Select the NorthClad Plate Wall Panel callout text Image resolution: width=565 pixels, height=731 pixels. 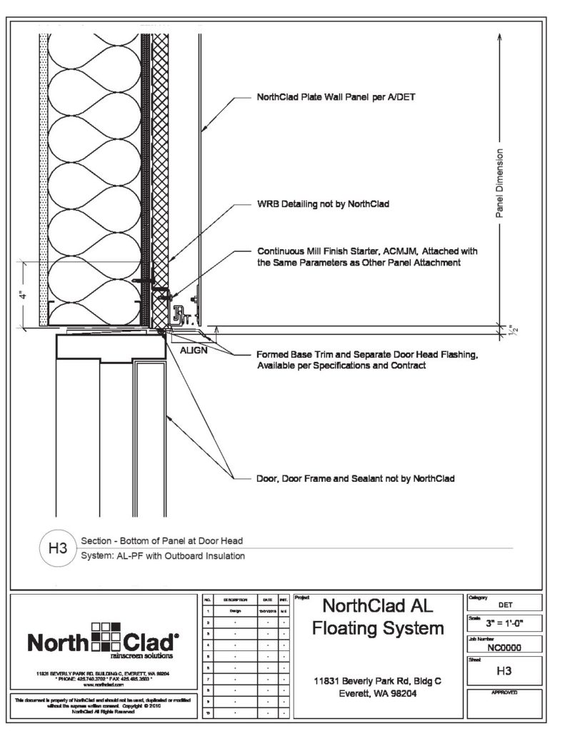pyautogui.click(x=331, y=98)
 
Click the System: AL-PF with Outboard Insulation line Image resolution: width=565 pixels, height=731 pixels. pyautogui.click(x=163, y=557)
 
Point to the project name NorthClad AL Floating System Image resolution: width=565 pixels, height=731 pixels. pyautogui.click(x=378, y=618)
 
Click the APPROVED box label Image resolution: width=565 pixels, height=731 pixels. pyautogui.click(x=504, y=692)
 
